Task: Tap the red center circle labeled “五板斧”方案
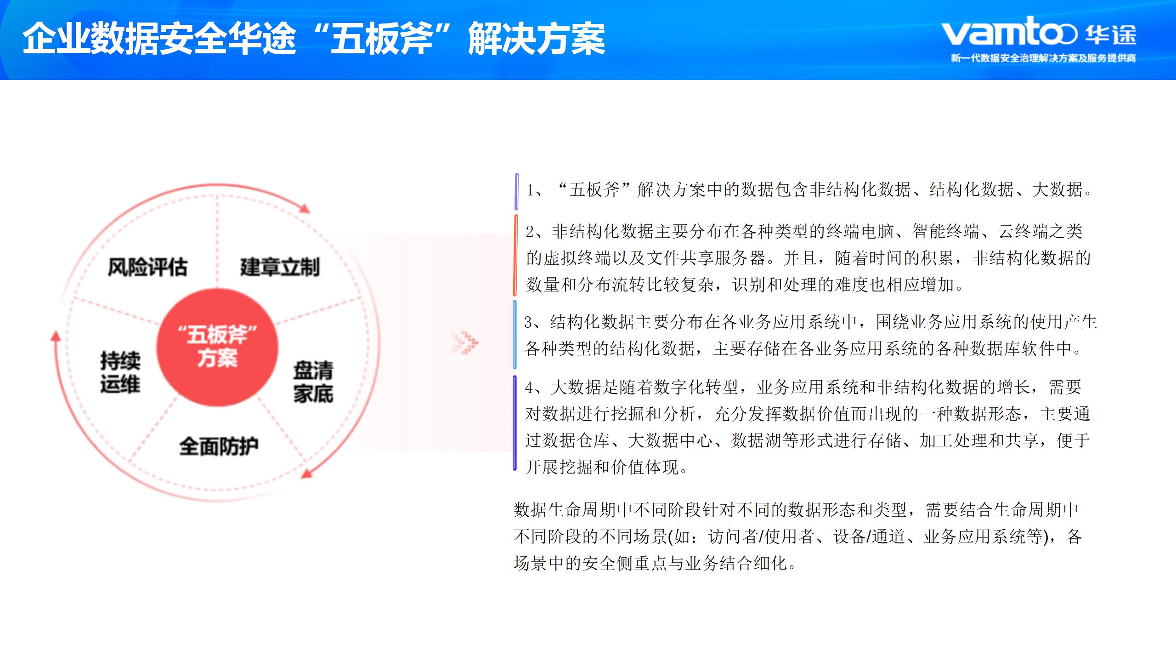pyautogui.click(x=217, y=347)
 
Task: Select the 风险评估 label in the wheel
pyautogui.click(x=147, y=267)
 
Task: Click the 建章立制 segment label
pyautogui.click(x=280, y=267)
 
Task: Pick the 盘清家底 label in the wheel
pyautogui.click(x=313, y=382)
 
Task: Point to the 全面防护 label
pyautogui.click(x=219, y=446)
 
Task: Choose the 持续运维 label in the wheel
pyautogui.click(x=120, y=372)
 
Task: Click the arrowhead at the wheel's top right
pyautogui.click(x=304, y=208)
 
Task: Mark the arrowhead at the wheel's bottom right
pyautogui.click(x=306, y=473)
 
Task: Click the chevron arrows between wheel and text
pyautogui.click(x=464, y=342)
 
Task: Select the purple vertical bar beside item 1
pyautogui.click(x=517, y=192)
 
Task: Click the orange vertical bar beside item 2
pyautogui.click(x=515, y=255)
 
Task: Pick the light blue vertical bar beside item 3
pyautogui.click(x=515, y=334)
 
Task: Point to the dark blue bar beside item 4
pyautogui.click(x=515, y=423)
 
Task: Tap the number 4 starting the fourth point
pyautogui.click(x=530, y=388)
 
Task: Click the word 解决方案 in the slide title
pyautogui.click(x=536, y=39)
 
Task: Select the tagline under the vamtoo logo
pyautogui.click(x=1043, y=58)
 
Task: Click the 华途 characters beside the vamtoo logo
pyautogui.click(x=1111, y=34)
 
